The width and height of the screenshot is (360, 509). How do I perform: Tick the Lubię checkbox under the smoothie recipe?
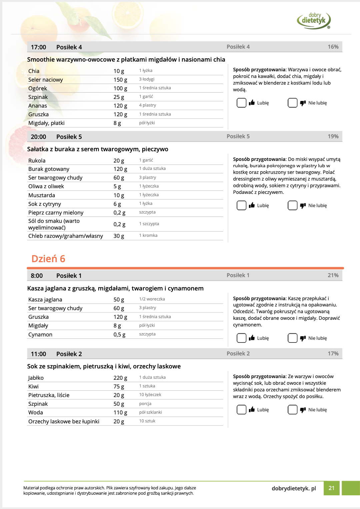(241, 103)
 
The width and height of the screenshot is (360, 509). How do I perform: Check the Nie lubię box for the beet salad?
(292, 206)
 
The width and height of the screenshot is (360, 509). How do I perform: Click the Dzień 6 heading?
(48, 259)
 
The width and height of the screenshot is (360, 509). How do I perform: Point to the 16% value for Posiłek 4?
(333, 47)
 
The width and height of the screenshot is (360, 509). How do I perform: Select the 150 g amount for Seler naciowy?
(120, 80)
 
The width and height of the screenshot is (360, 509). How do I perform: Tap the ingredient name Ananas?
(38, 106)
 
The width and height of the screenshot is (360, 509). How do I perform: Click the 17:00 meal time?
(38, 47)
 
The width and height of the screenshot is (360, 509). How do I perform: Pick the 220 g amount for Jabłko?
(120, 378)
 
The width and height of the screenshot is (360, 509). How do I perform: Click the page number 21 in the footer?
(331, 488)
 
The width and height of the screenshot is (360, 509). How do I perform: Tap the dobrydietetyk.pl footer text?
(294, 488)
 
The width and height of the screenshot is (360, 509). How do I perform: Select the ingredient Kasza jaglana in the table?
(45, 299)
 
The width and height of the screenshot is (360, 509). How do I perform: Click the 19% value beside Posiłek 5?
(333, 137)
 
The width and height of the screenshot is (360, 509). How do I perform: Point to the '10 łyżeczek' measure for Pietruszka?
(150, 395)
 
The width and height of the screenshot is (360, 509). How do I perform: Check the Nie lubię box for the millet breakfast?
(292, 338)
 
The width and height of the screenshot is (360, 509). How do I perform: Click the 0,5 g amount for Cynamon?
(119, 334)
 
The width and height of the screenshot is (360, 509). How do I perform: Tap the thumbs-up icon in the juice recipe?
(252, 409)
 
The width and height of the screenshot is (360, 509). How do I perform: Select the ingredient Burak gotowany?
(49, 169)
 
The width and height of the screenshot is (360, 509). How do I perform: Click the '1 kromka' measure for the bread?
(148, 236)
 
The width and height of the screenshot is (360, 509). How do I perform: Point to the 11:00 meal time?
(38, 354)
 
